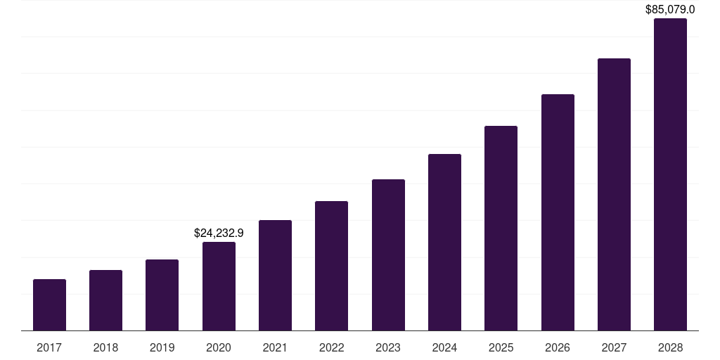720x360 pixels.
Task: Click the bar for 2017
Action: click(x=49, y=305)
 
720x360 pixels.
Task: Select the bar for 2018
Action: click(x=105, y=300)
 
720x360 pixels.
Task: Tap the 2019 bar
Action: click(x=162, y=295)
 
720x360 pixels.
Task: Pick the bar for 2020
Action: click(x=219, y=286)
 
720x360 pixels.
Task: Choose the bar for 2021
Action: click(x=275, y=276)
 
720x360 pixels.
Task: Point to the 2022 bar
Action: click(x=331, y=266)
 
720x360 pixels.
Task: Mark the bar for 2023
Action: click(x=388, y=255)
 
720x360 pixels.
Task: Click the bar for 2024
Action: click(x=444, y=243)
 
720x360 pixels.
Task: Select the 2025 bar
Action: click(x=501, y=229)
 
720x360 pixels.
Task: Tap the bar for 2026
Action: click(x=558, y=212)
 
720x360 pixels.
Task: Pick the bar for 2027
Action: click(x=614, y=195)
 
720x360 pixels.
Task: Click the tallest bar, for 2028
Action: click(x=670, y=174)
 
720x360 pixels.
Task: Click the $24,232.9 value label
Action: click(x=219, y=233)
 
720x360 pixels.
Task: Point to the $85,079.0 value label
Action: click(x=670, y=10)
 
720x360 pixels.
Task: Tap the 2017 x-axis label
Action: click(x=49, y=347)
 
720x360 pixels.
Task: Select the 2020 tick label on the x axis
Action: click(x=219, y=347)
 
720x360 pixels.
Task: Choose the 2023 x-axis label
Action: click(x=388, y=347)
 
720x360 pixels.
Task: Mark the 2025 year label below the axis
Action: click(x=501, y=347)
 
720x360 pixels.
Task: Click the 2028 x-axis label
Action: click(x=670, y=347)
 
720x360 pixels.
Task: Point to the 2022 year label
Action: click(x=331, y=347)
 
